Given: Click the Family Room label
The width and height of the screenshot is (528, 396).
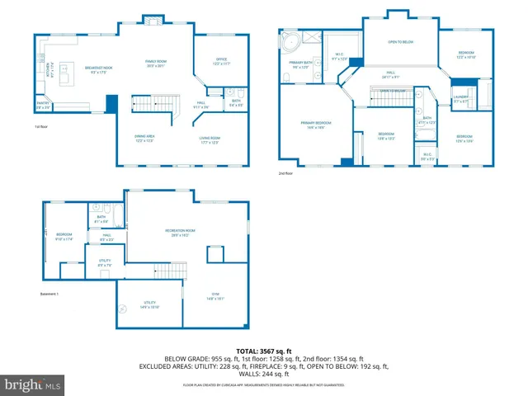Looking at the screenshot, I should click(x=156, y=64).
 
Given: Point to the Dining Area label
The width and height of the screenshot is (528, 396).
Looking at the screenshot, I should click(x=145, y=139).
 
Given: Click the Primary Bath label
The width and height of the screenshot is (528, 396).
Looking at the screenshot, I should click(x=300, y=64).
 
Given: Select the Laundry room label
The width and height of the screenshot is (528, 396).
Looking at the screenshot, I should click(x=460, y=98).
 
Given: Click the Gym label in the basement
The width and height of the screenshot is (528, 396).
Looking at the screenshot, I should click(x=214, y=299).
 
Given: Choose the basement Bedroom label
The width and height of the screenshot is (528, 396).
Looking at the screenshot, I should click(x=64, y=236).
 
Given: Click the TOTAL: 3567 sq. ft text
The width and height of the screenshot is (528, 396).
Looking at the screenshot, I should click(x=265, y=350).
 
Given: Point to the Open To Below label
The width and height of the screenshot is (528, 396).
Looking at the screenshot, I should click(x=400, y=41).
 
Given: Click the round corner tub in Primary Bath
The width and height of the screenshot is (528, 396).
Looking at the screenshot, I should click(x=290, y=40).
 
